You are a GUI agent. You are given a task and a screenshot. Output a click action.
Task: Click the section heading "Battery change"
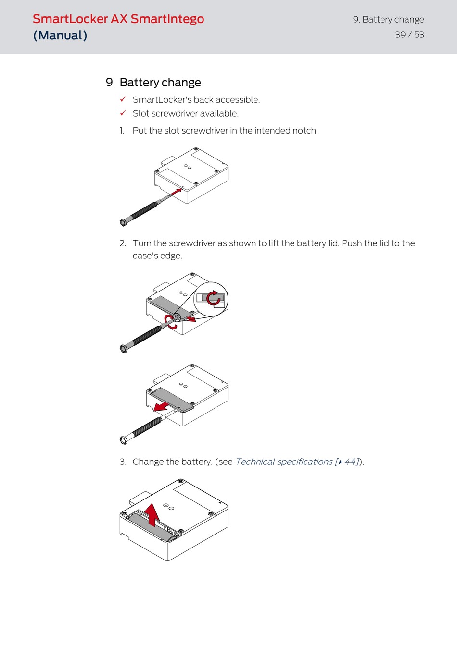[160, 83]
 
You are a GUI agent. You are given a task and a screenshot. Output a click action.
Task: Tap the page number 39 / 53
[409, 35]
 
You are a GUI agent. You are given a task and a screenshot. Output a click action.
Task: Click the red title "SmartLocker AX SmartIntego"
[118, 19]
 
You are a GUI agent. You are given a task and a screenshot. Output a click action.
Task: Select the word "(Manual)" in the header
[60, 36]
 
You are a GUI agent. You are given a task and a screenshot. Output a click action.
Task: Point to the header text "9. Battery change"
[388, 20]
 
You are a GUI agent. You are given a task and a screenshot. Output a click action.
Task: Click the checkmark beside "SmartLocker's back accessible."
[123, 99]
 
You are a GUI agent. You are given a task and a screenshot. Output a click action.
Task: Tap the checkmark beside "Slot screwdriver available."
[123, 113]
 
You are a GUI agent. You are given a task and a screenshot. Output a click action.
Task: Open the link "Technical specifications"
[284, 462]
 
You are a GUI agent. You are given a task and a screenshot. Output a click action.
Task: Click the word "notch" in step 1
[304, 131]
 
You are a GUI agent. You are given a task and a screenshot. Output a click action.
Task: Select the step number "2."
[123, 243]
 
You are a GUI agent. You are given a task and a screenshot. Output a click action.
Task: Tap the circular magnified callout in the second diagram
[211, 299]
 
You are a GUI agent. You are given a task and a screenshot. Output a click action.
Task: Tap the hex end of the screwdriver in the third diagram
[124, 439]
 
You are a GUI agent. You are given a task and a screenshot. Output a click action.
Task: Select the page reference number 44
[350, 462]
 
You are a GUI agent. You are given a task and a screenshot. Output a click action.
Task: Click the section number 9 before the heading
[109, 83]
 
